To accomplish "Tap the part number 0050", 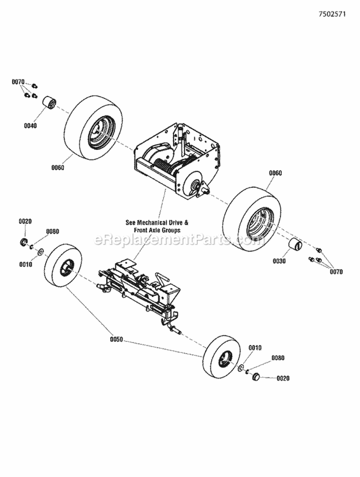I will [x=117, y=339].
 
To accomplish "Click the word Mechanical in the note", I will [x=154, y=223].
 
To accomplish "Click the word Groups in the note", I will [x=171, y=230].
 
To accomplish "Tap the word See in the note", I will [x=131, y=223].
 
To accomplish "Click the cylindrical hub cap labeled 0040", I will [x=49, y=103].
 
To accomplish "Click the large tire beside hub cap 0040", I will [x=93, y=128].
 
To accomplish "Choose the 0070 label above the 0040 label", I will [x=18, y=82].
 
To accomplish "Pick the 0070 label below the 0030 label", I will [x=336, y=271].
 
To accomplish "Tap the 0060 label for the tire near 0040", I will [x=58, y=168].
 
